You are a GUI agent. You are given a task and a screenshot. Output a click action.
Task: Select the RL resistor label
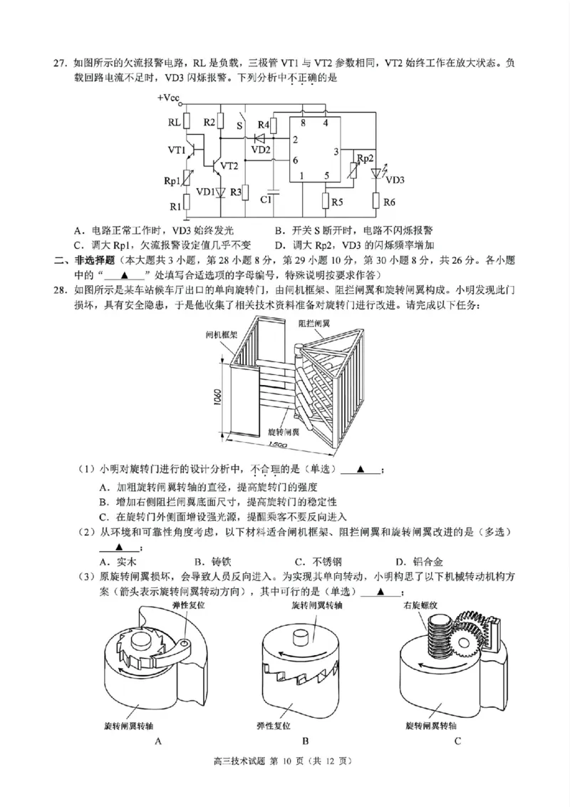click(174, 123)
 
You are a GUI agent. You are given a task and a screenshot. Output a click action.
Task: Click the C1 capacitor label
click(266, 200)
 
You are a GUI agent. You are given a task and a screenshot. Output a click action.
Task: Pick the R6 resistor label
click(389, 202)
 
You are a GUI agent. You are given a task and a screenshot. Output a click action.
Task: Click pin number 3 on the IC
click(335, 152)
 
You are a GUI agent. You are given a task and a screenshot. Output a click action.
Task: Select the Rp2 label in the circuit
click(364, 158)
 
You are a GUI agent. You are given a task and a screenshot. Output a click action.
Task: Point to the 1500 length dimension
click(277, 444)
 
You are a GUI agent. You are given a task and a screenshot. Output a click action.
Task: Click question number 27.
click(60, 63)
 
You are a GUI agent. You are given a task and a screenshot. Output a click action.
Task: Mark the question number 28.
click(60, 290)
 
